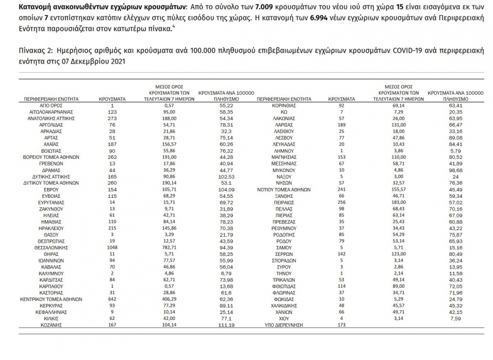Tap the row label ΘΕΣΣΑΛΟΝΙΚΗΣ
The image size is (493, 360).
point(52,247)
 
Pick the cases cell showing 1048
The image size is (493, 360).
point(112,247)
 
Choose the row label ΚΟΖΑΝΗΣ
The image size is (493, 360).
point(52,325)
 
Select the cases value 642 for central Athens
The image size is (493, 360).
point(112,299)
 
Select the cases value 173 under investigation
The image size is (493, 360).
point(341,325)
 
